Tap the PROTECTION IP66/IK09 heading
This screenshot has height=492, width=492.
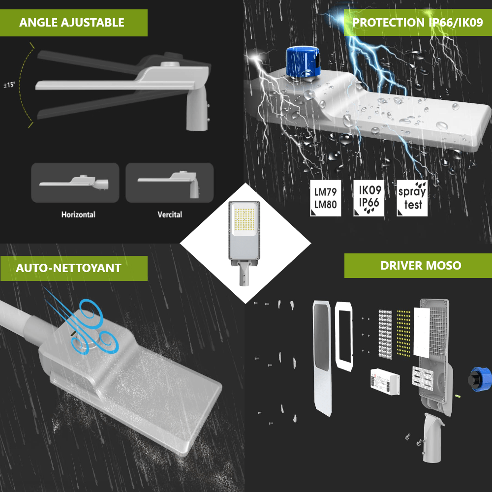[418, 23]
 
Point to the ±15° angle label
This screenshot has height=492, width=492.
[9, 85]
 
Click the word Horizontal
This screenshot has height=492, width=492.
[78, 215]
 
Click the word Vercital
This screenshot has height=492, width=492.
[170, 215]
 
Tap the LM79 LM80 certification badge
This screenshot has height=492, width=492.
[325, 198]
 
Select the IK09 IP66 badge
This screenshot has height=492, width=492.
[369, 198]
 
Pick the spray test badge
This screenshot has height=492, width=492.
[412, 198]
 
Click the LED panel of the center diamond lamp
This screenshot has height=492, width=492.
[245, 217]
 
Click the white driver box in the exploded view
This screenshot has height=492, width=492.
[385, 382]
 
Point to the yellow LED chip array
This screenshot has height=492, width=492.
[403, 334]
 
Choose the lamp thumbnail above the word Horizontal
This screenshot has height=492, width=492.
[75, 183]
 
